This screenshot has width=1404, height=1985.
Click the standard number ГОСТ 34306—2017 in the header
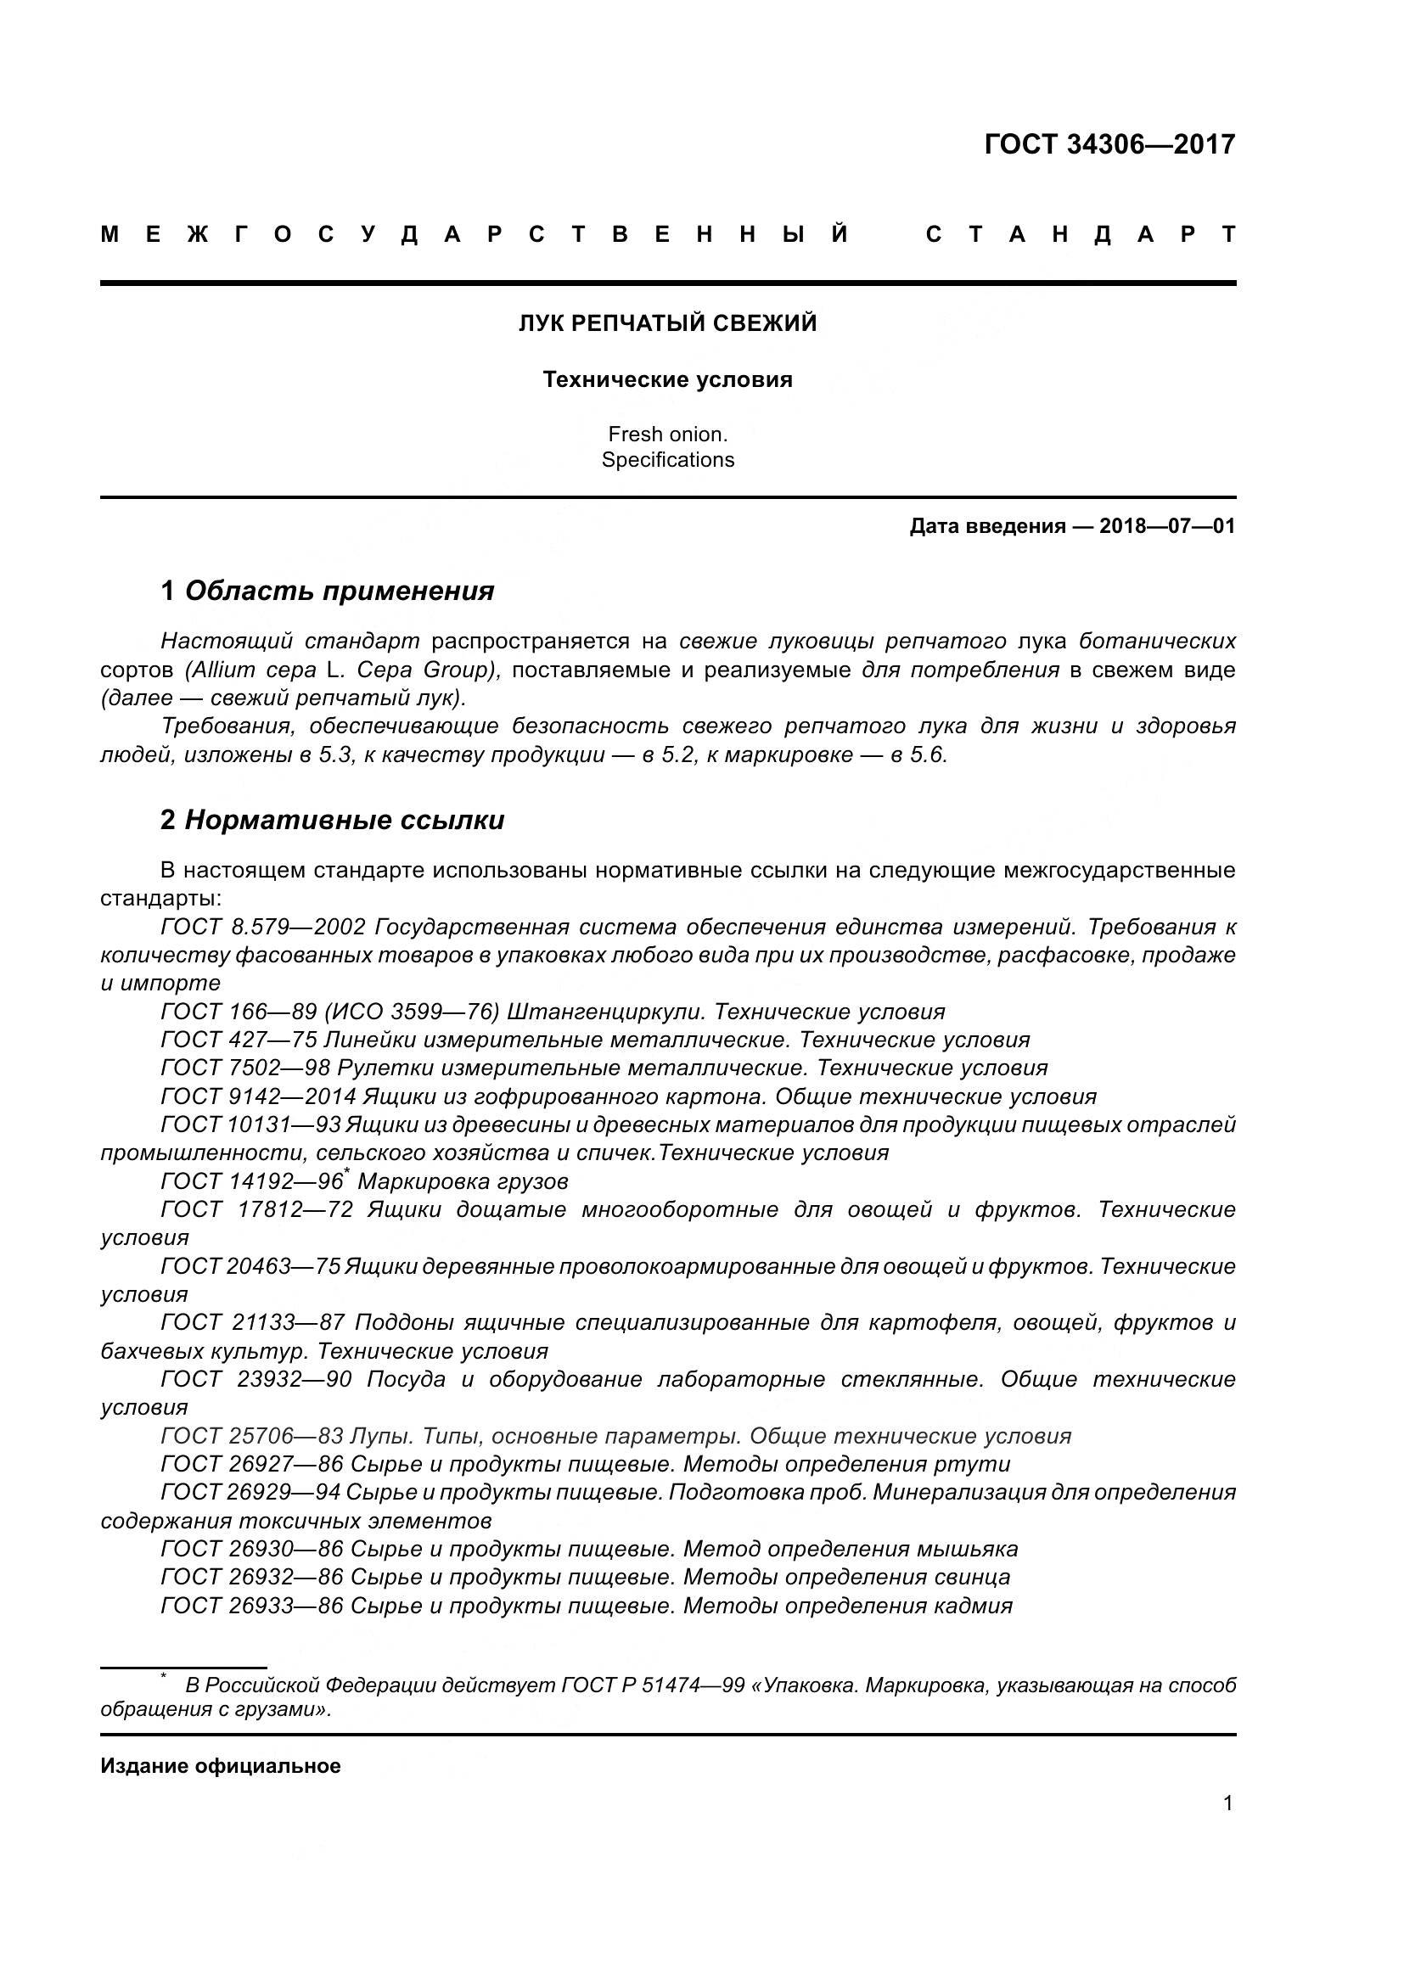pyautogui.click(x=1109, y=144)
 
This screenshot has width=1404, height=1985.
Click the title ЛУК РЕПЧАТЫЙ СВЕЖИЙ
pyautogui.click(x=667, y=323)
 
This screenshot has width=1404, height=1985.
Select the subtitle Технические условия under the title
pyautogui.click(x=667, y=379)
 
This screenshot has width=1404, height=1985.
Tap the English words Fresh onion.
pyautogui.click(x=667, y=434)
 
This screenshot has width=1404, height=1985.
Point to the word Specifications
pyautogui.click(x=667, y=460)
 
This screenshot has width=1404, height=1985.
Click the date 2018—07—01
pyautogui.click(x=1167, y=526)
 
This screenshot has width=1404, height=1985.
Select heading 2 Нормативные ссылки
pyautogui.click(x=332, y=820)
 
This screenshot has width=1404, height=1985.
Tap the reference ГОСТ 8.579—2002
pyautogui.click(x=264, y=928)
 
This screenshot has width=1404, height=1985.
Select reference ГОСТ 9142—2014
pyautogui.click(x=259, y=1097)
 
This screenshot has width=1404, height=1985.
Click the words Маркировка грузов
pyautogui.click(x=463, y=1182)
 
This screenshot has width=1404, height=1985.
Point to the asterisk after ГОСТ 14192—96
pyautogui.click(x=346, y=1171)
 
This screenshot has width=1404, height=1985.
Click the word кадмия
pyautogui.click(x=972, y=1607)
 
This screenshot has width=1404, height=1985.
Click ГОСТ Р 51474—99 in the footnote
pyautogui.click(x=653, y=1686)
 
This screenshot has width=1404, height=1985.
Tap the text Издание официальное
pyautogui.click(x=221, y=1766)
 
